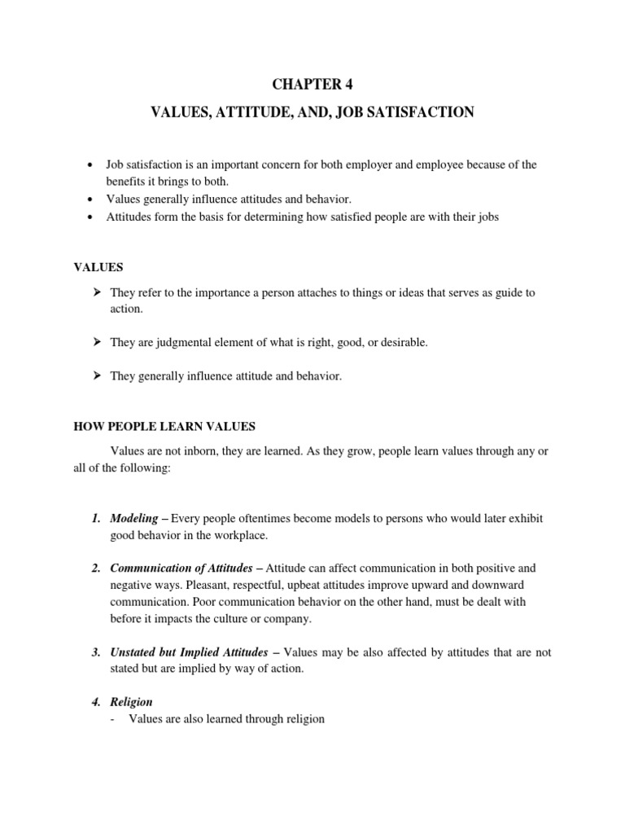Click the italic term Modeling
[x=135, y=518]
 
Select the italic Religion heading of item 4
[x=131, y=701]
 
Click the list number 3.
[x=95, y=652]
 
